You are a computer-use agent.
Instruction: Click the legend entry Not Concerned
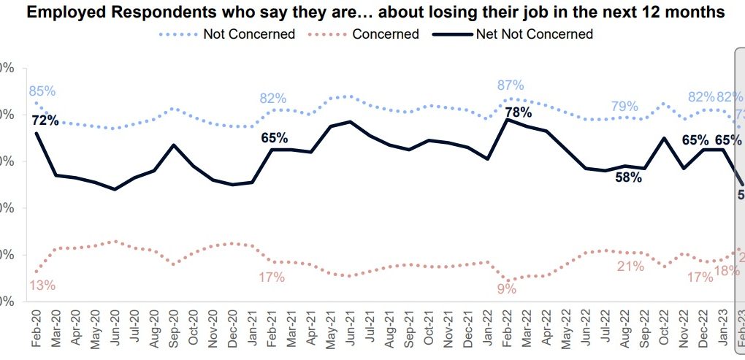(x=249, y=34)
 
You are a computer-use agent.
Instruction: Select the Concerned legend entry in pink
(x=385, y=34)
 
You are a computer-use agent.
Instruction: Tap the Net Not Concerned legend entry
(x=534, y=34)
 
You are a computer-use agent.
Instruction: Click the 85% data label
(x=42, y=91)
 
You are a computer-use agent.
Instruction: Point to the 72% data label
(x=45, y=120)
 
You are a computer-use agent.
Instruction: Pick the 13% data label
(x=42, y=285)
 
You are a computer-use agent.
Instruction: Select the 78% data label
(x=518, y=112)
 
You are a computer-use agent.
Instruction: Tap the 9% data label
(x=507, y=288)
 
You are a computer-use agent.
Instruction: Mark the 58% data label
(x=628, y=177)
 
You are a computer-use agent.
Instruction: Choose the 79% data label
(x=625, y=106)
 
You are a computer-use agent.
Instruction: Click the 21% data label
(x=630, y=267)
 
